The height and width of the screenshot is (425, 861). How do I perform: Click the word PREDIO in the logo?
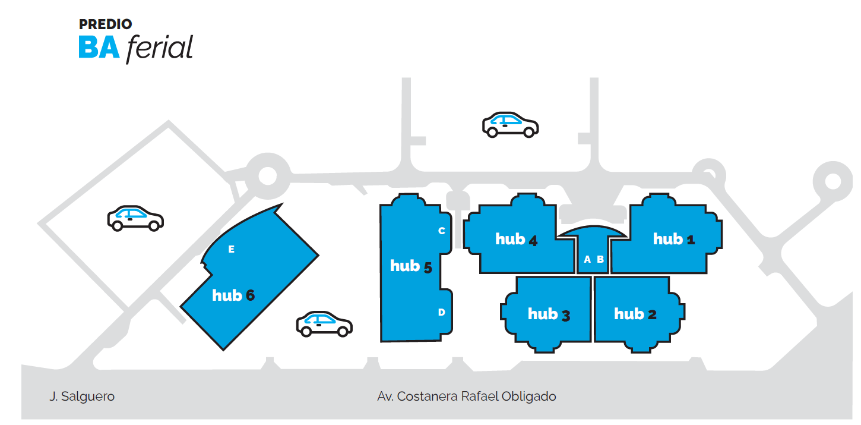(x=105, y=24)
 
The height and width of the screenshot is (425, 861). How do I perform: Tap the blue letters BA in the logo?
(x=99, y=48)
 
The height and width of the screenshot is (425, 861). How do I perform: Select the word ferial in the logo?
(x=159, y=48)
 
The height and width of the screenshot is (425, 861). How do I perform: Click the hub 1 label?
(x=674, y=240)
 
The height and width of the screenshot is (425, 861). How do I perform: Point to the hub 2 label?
(x=635, y=314)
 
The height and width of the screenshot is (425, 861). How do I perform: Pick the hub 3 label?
(x=549, y=314)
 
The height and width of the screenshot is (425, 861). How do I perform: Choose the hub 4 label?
(x=516, y=240)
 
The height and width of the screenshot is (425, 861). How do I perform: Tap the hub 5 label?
(x=410, y=266)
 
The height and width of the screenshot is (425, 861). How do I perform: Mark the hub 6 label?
(x=233, y=295)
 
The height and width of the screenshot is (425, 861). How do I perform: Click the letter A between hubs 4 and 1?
(x=587, y=259)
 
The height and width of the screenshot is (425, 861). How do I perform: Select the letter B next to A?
(x=600, y=259)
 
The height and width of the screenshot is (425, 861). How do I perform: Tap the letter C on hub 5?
(x=441, y=231)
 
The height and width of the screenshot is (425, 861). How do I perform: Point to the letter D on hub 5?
(x=441, y=312)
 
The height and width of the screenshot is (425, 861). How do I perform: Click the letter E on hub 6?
(x=232, y=250)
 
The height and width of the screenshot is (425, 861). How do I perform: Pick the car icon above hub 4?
(x=510, y=124)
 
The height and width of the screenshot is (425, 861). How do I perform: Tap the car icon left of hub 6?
(x=135, y=218)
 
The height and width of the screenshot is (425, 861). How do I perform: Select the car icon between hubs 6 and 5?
(x=324, y=323)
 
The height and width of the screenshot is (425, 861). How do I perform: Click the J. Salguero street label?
(x=82, y=396)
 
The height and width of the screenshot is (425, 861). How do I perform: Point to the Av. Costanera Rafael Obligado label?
(x=467, y=396)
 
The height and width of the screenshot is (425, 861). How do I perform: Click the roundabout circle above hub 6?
(x=267, y=176)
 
